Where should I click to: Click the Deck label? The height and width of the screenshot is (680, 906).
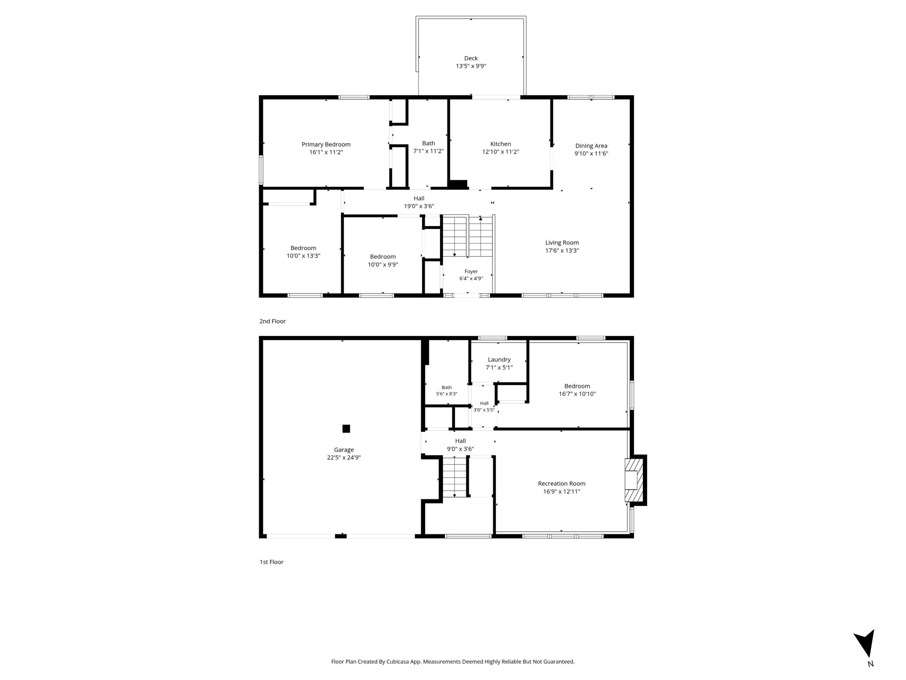(471, 58)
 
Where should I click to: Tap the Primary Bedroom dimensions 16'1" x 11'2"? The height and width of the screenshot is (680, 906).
(326, 152)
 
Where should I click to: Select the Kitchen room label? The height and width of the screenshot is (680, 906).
(500, 144)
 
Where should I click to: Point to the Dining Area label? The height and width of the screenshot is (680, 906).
(591, 146)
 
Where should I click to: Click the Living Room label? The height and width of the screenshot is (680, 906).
(562, 243)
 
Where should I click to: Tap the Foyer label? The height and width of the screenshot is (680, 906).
(471, 271)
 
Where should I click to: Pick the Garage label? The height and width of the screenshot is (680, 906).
(344, 450)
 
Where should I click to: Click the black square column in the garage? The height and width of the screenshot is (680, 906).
(346, 429)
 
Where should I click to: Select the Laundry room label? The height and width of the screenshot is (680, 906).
(499, 359)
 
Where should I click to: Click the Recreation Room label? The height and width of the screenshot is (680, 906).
(561, 483)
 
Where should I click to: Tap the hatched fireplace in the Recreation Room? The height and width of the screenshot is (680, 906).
(633, 480)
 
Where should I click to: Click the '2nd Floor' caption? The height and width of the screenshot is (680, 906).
(273, 321)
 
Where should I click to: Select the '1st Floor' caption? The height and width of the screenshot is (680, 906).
(272, 562)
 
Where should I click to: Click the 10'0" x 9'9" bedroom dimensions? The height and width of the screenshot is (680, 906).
(383, 265)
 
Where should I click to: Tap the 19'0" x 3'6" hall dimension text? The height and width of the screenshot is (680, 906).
(419, 206)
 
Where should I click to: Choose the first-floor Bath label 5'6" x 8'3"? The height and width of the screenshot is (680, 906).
(447, 390)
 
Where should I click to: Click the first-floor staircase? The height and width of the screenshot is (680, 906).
(455, 477)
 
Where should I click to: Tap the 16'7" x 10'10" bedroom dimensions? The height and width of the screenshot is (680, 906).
(577, 394)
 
